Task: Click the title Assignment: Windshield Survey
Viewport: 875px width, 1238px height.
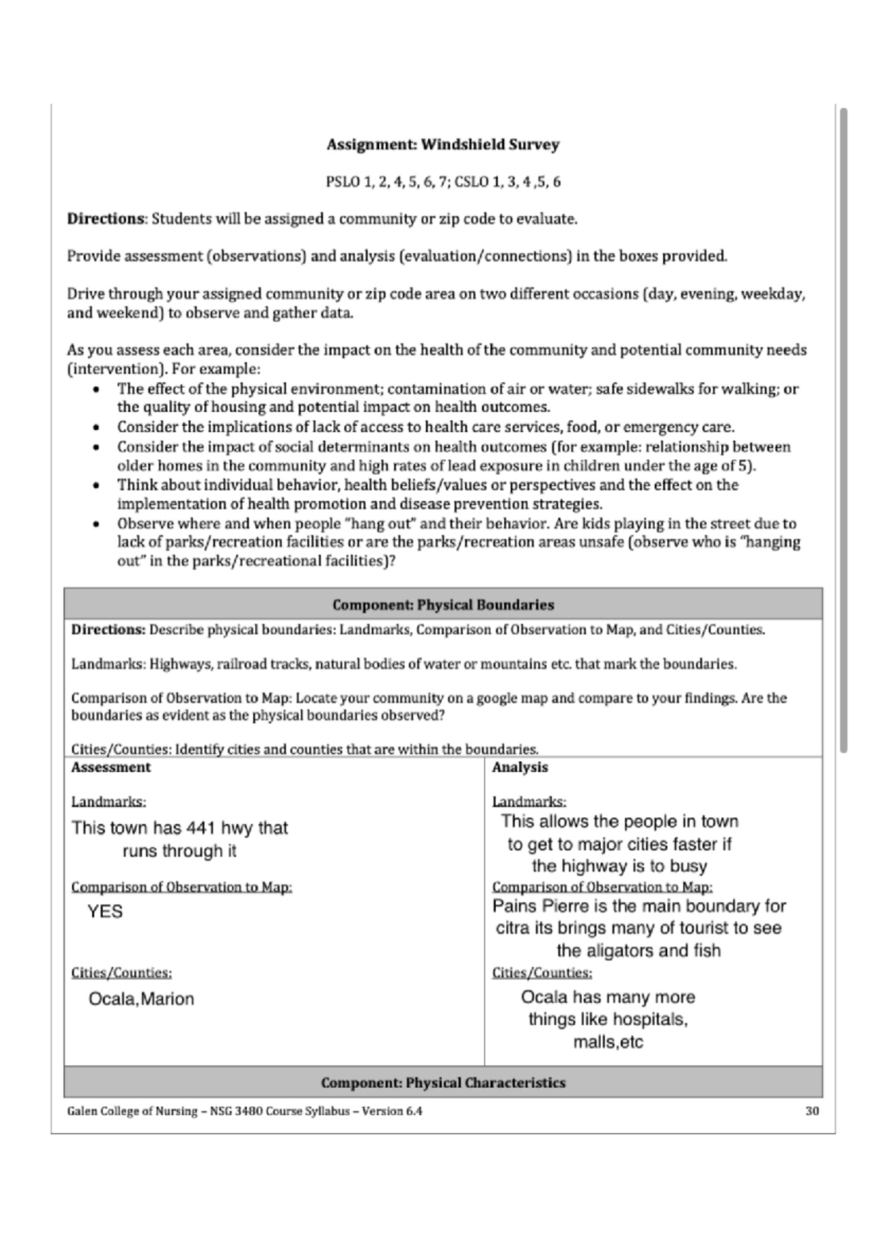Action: tap(443, 144)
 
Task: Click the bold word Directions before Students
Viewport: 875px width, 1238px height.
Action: tap(106, 219)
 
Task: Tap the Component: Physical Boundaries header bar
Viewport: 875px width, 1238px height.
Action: tap(443, 604)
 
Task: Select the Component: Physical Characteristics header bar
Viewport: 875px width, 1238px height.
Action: tap(443, 1083)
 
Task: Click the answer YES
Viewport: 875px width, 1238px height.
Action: tap(105, 912)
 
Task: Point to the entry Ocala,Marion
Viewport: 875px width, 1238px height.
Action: tap(141, 999)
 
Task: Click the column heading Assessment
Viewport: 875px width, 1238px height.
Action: tap(111, 768)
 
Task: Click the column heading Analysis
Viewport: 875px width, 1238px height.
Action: tap(520, 768)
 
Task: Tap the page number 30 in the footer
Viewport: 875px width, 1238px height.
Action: tap(812, 1111)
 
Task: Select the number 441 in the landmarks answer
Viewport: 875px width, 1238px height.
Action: tap(200, 828)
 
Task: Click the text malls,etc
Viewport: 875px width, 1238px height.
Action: tap(608, 1043)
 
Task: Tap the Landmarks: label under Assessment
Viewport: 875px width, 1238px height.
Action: tap(109, 802)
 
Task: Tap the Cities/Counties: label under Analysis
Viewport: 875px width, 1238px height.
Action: tap(542, 973)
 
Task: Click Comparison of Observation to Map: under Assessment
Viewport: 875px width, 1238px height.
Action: tap(182, 887)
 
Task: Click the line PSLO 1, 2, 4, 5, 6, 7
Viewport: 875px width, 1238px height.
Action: tap(386, 182)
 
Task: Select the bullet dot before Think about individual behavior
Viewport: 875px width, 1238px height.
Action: tap(96, 486)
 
